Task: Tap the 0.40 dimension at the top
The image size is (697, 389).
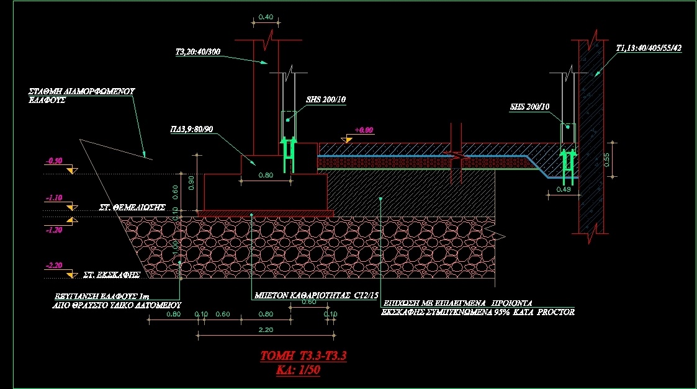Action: point(265,17)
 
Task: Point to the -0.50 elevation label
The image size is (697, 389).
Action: point(53,161)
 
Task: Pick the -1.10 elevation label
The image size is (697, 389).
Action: point(53,198)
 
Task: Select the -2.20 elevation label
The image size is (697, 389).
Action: point(53,265)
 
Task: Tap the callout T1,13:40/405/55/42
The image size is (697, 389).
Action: point(649,48)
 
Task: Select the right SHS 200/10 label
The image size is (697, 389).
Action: point(529,107)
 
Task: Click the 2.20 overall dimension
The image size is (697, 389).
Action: point(265,329)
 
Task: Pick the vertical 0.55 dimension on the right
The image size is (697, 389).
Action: point(606,159)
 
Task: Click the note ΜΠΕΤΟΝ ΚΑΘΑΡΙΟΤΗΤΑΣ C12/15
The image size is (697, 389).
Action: point(308,296)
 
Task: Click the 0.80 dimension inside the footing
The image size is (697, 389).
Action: point(265,175)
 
